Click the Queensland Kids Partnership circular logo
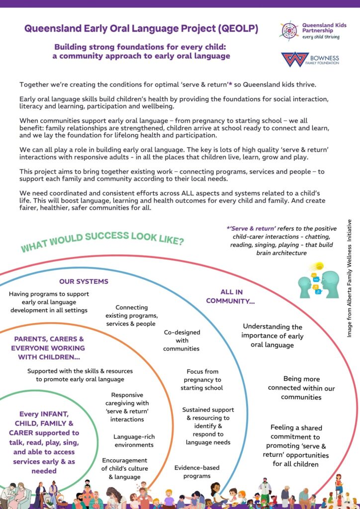click(x=288, y=30)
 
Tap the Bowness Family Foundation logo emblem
click(x=294, y=59)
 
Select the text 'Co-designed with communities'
click(x=181, y=340)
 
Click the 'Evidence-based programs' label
click(x=196, y=472)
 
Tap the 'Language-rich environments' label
click(x=133, y=441)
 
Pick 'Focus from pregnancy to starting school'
click(x=202, y=379)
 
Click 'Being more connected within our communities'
click(x=301, y=388)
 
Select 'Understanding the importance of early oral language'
click(x=272, y=336)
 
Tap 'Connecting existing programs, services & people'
click(x=132, y=316)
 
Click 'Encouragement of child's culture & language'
click(x=124, y=469)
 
